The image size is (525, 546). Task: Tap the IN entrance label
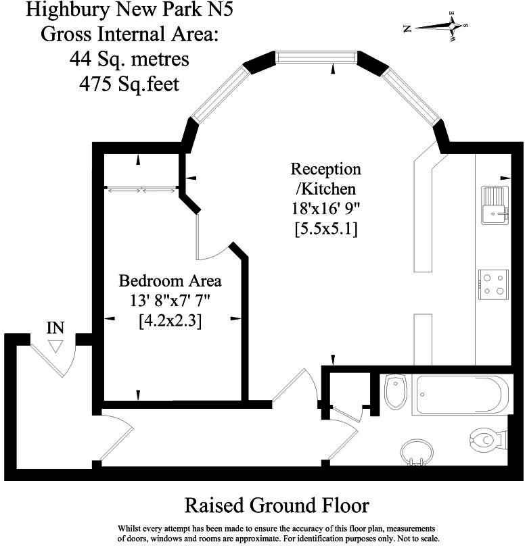click(55, 328)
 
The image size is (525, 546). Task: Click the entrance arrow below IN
click(55, 345)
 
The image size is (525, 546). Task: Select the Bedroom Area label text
click(170, 280)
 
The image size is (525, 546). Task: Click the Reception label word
click(325, 168)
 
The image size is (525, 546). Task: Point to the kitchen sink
click(495, 204)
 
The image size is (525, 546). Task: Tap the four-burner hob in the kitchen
click(493, 284)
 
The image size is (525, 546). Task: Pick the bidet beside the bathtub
click(394, 392)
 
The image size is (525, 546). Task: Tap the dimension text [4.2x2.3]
click(170, 321)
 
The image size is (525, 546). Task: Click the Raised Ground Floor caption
click(277, 505)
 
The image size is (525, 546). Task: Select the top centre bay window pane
click(316, 57)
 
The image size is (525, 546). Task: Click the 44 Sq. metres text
click(129, 59)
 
